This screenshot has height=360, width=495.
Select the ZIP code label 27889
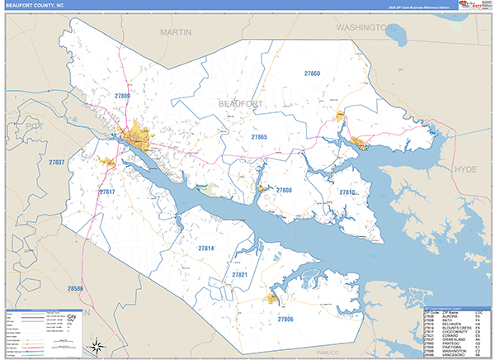click(122, 97)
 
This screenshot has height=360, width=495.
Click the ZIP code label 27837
click(57, 163)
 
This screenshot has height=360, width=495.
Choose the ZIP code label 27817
click(107, 192)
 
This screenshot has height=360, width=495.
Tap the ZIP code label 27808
click(284, 190)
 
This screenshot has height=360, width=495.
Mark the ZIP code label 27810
click(347, 192)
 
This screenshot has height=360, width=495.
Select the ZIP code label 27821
click(239, 273)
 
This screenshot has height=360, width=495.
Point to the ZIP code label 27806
click(285, 319)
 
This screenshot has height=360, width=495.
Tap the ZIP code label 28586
click(76, 288)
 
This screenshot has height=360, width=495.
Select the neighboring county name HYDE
click(466, 168)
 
